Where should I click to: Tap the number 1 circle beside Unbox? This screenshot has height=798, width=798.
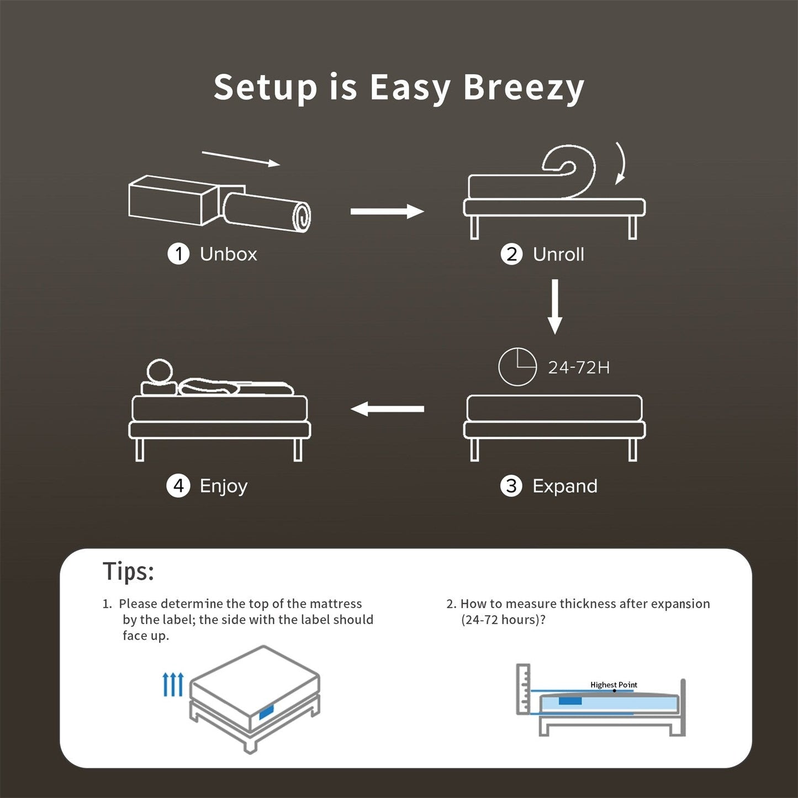pos(178,254)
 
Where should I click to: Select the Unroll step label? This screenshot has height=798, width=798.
pos(558,255)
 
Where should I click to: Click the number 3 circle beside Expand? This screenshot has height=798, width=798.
pos(511,486)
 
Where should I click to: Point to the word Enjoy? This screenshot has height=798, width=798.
pos(223,487)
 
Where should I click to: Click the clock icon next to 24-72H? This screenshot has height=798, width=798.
pos(517,367)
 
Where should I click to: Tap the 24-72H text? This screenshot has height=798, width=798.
pos(578,368)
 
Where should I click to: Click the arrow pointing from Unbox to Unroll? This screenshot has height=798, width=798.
pos(387,211)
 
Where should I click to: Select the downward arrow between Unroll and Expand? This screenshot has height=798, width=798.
pos(554,306)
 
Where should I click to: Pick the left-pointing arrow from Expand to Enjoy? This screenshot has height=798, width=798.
pos(387,409)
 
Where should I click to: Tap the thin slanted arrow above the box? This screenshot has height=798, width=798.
pos(241,158)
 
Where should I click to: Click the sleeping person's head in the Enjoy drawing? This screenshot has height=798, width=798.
pos(160,371)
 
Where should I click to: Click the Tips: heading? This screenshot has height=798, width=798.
pos(128,572)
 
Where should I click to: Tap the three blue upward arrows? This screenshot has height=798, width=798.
pos(173,684)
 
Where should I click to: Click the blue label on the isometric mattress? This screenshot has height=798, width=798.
pos(266,711)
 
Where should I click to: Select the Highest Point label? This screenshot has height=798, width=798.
pos(613,685)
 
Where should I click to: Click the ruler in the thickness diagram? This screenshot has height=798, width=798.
pos(522,689)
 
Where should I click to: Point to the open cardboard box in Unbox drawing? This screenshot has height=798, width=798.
pos(171,200)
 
